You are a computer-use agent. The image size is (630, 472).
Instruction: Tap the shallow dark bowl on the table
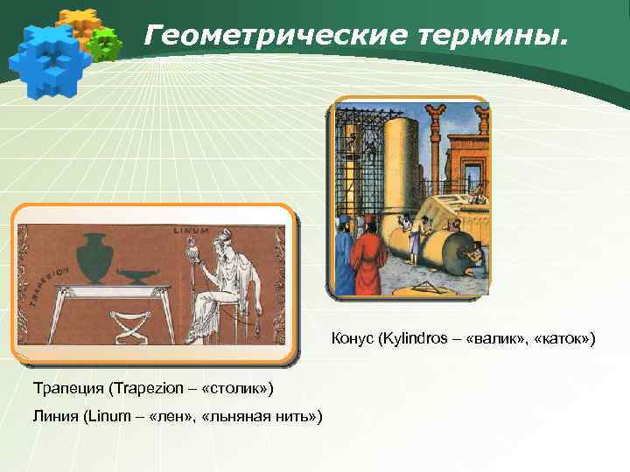click(x=134, y=274)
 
